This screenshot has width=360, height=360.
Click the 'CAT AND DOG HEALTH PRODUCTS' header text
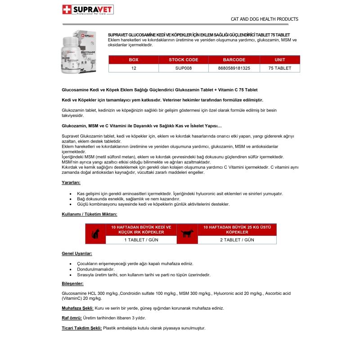[x=264, y=19]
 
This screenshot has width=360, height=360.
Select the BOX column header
[x=134, y=60]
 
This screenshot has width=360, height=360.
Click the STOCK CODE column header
[x=184, y=60]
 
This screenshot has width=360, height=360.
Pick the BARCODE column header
[x=234, y=60]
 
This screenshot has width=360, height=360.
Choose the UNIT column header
[x=279, y=60]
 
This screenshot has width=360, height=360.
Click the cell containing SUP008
[x=184, y=68]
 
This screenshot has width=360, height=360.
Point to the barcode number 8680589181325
[x=234, y=68]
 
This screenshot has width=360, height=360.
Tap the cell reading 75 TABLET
[x=279, y=68]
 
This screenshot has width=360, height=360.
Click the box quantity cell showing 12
[x=134, y=68]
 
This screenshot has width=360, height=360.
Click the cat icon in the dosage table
[x=95, y=234]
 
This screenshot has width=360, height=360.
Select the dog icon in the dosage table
[x=187, y=234]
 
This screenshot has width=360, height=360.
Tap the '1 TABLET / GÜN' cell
[x=141, y=240]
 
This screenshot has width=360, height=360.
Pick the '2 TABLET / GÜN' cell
[x=237, y=240]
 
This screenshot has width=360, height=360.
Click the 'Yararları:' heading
[x=71, y=183]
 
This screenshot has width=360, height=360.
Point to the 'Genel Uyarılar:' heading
[x=77, y=254]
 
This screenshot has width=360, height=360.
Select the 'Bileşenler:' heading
[x=72, y=283]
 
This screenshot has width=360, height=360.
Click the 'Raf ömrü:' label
[x=72, y=318]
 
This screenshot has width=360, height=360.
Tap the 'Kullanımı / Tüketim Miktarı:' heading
[x=89, y=214]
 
